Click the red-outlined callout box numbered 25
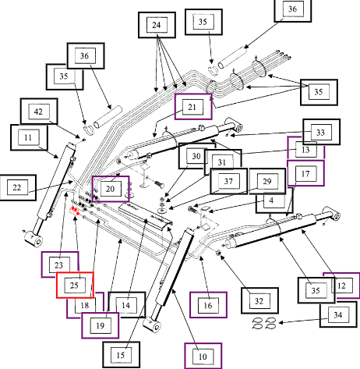[x=75, y=285]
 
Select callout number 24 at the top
[x=157, y=25]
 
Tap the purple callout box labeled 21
[x=193, y=107]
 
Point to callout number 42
[x=39, y=112]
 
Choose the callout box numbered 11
[x=29, y=137]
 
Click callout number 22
[x=18, y=187]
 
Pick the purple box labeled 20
[x=111, y=189]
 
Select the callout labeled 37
[x=228, y=181]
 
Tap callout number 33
[x=321, y=132]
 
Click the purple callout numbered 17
[x=305, y=173]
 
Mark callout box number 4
[x=274, y=200]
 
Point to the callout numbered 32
[x=259, y=300]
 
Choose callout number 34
[x=338, y=314]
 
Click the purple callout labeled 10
[x=203, y=356]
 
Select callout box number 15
[x=122, y=355]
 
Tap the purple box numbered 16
[x=208, y=305]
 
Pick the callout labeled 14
[x=126, y=305]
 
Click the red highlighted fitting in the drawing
[x=74, y=211]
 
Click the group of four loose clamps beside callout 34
[x=264, y=323]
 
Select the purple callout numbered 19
[x=101, y=325]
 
